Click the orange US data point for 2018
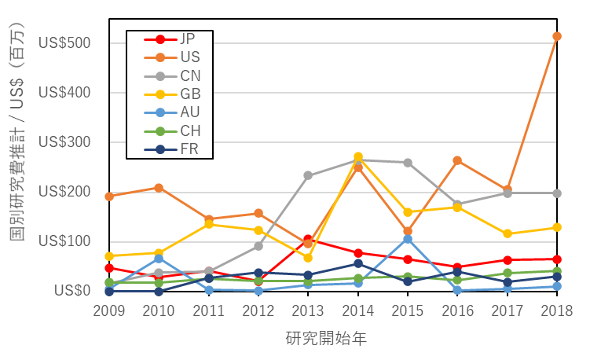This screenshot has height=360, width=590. (x=557, y=36)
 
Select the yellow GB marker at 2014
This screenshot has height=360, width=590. (x=358, y=157)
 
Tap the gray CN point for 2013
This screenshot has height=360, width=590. (x=308, y=175)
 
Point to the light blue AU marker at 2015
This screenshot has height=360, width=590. (x=408, y=239)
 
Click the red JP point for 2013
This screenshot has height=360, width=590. (x=308, y=239)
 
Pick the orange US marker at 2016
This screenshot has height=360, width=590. (x=457, y=160)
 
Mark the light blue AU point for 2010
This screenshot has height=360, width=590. (x=159, y=259)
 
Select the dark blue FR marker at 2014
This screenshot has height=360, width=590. (x=358, y=263)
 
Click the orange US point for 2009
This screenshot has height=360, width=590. (x=109, y=197)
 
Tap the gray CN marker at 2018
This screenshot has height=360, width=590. (x=557, y=193)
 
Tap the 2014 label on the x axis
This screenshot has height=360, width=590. (x=358, y=310)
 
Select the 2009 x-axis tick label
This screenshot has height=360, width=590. (x=109, y=310)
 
